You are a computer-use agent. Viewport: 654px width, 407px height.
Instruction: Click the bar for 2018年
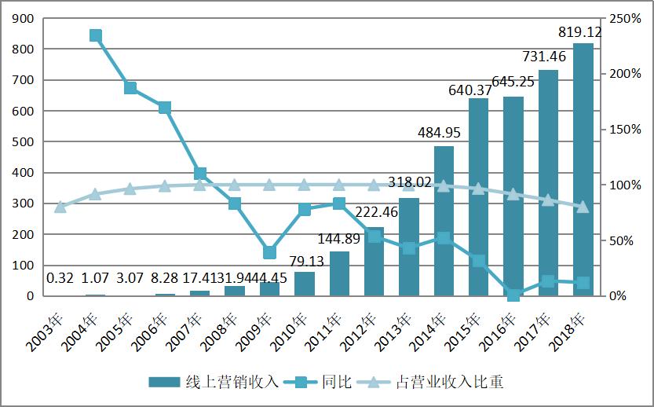[583, 170]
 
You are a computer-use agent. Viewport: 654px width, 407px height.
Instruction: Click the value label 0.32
[60, 278]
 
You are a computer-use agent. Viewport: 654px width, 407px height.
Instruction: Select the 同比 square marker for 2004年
[96, 35]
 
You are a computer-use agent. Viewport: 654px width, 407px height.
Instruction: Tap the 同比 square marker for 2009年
[269, 252]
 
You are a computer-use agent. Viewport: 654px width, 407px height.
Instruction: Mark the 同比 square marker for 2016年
[513, 295]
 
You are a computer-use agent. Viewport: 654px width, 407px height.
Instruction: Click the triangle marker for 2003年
[60, 207]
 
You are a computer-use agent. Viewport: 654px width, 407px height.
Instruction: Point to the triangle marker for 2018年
[583, 207]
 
